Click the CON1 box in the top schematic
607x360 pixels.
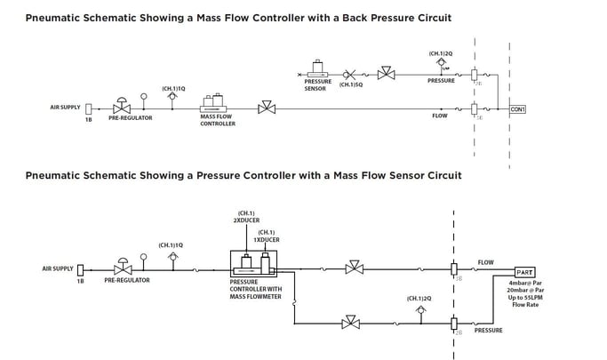pos(518,109)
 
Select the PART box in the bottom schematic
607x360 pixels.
pos(524,273)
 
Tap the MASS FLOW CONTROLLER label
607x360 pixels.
pos(218,120)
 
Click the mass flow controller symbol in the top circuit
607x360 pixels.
pos(216,103)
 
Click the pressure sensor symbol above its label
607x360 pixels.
pos(315,68)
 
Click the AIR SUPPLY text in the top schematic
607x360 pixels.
pos(65,108)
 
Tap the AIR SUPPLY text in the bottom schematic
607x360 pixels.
pos(57,268)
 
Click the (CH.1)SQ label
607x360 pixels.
pos(351,84)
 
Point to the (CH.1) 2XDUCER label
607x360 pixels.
pos(244,216)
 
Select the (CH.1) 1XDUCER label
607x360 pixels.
pos(267,236)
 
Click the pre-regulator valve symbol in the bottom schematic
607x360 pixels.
pos(122,268)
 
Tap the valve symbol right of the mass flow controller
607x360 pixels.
pos(265,108)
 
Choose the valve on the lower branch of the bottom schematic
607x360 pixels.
pos(350,324)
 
